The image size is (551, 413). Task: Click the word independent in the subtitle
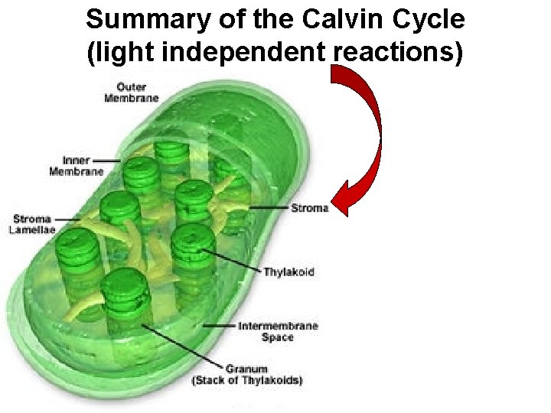(252, 53)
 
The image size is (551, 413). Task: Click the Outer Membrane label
(132, 92)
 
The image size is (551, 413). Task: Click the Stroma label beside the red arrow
(309, 208)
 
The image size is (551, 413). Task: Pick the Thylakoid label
(288, 272)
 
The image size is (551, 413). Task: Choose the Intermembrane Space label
(277, 330)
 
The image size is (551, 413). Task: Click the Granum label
(246, 369)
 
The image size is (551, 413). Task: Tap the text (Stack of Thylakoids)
(246, 380)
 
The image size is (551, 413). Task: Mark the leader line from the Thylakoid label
(233, 258)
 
